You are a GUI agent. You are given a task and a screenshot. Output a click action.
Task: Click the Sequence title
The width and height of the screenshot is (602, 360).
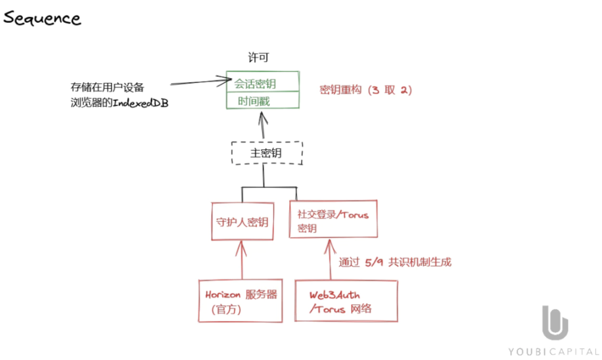42,18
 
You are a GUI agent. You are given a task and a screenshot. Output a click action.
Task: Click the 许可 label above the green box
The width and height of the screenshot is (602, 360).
258,58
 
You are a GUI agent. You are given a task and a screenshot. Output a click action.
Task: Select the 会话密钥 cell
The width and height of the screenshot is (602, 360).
263,82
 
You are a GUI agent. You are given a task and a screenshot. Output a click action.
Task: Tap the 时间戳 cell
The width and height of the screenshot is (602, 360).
263,100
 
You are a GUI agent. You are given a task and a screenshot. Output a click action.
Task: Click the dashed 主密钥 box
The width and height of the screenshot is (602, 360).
267,153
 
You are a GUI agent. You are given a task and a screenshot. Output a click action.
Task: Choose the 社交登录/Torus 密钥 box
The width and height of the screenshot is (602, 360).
333,221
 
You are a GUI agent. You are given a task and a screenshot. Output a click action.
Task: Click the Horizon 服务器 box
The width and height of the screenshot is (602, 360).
241,301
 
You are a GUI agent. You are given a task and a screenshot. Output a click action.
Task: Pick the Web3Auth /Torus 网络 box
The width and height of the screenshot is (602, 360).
346,301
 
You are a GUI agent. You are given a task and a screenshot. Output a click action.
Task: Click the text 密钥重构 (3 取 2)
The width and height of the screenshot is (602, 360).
366,90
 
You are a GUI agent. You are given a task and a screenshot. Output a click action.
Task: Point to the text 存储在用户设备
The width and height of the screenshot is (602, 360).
108,87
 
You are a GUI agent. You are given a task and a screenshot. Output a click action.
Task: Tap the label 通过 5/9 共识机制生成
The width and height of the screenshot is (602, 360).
395,262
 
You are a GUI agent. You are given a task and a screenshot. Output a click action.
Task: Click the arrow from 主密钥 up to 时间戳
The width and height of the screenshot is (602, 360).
263,126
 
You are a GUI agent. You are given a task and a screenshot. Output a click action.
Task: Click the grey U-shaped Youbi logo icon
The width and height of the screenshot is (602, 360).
556,323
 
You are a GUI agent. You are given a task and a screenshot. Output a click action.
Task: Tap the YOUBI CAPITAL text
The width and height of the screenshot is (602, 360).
554,351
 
